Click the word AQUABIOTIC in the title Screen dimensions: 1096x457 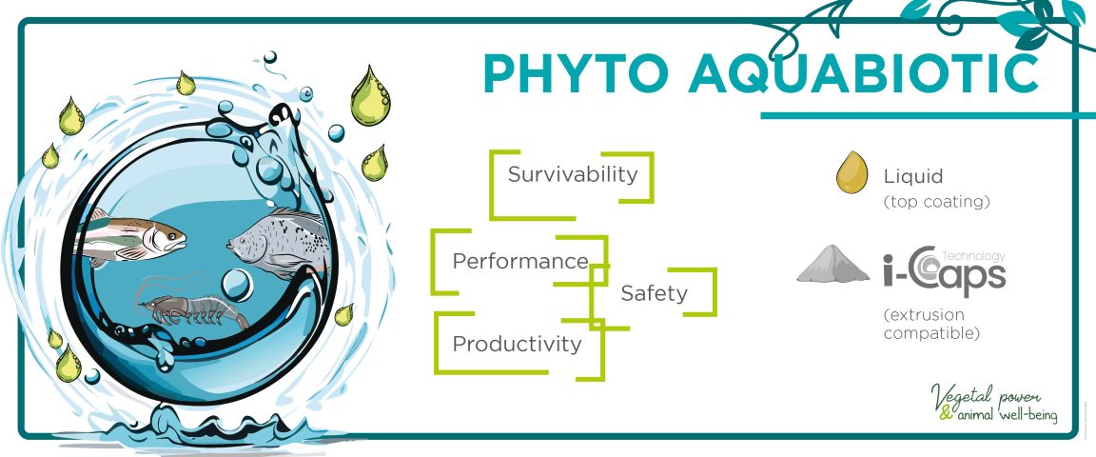tap(863, 72)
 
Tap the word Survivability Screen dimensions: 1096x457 tap(573, 174)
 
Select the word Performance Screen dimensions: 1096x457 tap(520, 261)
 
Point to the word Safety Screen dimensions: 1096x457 tap(654, 293)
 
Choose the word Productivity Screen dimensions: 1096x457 tap(518, 344)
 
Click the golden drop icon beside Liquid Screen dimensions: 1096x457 tap(852, 172)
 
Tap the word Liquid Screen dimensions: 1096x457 tap(913, 176)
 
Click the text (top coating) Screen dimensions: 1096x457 tap(936, 202)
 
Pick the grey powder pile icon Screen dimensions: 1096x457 tap(832, 265)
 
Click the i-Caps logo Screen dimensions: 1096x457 tap(944, 270)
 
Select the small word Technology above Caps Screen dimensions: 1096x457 tap(973, 256)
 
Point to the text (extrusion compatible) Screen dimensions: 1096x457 tap(930, 324)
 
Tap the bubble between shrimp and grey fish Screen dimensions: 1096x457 tap(237, 285)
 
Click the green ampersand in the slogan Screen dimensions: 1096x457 tap(946, 413)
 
